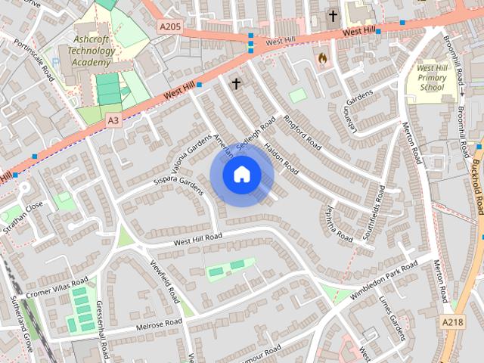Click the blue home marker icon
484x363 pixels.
click(x=241, y=175)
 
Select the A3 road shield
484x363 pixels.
click(x=113, y=119)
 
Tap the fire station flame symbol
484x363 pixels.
click(x=323, y=57)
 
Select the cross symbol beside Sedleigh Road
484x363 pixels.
click(x=235, y=83)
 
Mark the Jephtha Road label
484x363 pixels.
click(x=339, y=224)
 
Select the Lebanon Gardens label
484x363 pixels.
click(x=352, y=111)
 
